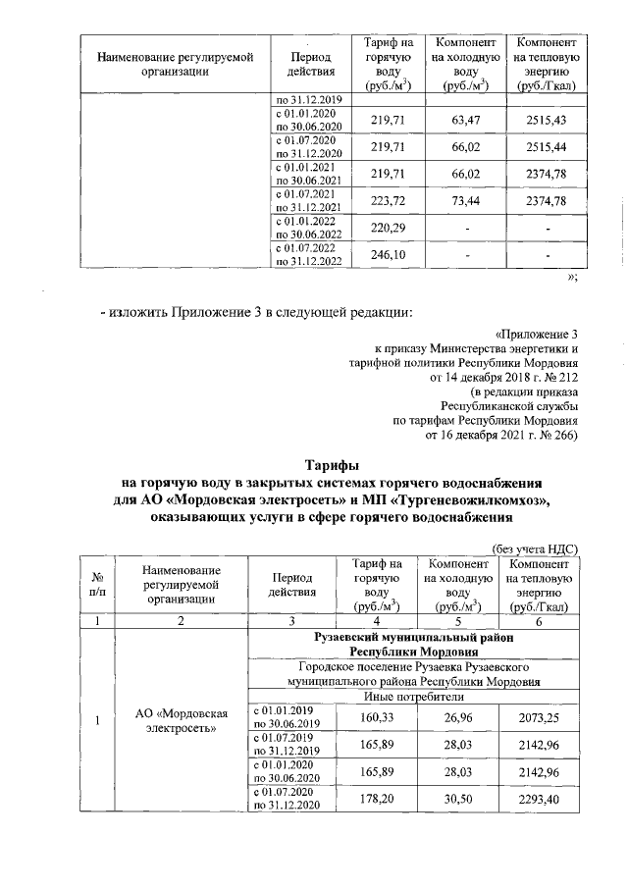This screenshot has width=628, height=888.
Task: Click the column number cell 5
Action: click(456, 621)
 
